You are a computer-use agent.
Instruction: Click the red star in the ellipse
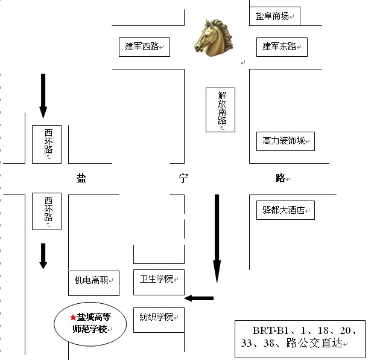[x=73, y=317]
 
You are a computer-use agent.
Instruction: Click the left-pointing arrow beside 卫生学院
[x=199, y=298]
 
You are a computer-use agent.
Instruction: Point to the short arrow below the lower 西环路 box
[x=43, y=256]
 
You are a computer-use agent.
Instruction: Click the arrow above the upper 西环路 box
[x=43, y=95]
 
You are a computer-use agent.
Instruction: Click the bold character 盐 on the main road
[x=81, y=178]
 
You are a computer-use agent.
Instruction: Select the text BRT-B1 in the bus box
[x=266, y=331]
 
